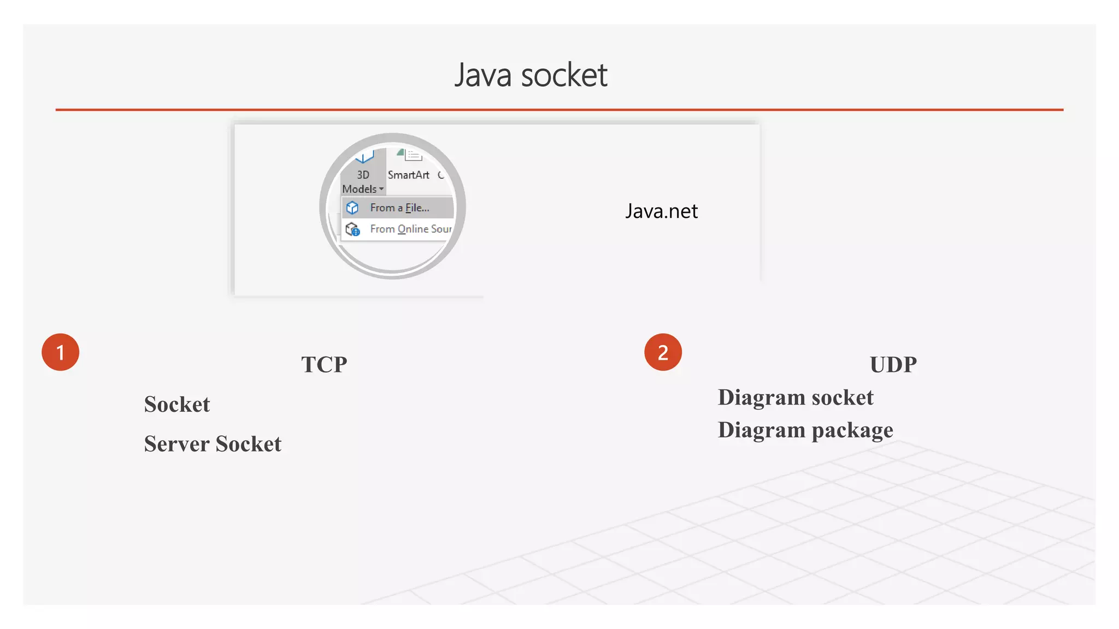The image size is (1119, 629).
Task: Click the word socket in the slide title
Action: click(x=564, y=75)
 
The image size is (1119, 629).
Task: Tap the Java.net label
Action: click(x=661, y=211)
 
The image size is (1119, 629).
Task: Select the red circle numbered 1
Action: click(x=61, y=352)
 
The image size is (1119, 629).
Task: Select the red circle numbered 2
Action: click(x=663, y=352)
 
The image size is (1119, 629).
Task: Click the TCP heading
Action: click(x=324, y=365)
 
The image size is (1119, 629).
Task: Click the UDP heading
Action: click(x=893, y=365)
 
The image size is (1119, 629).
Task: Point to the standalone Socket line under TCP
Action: click(x=177, y=405)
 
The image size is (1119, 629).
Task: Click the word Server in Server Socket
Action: click(x=177, y=444)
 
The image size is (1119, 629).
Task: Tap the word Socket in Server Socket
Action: click(x=249, y=444)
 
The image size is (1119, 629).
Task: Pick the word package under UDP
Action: click(x=852, y=431)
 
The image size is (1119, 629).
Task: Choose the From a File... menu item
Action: click(x=399, y=207)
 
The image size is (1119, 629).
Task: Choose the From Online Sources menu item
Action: click(x=410, y=229)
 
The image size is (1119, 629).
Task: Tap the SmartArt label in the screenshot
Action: click(x=408, y=175)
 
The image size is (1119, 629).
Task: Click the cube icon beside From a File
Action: click(x=352, y=207)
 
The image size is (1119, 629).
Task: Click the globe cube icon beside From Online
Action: click(x=353, y=229)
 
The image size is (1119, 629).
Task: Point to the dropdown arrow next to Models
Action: click(x=381, y=189)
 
